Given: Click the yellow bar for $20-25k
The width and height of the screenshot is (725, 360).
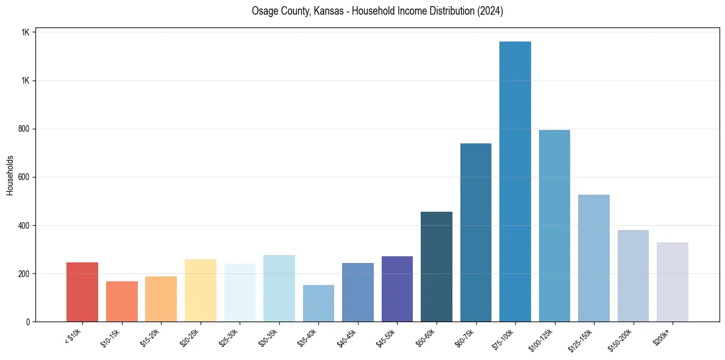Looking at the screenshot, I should tap(201, 290).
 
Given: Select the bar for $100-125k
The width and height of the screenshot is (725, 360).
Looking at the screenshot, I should tap(554, 226).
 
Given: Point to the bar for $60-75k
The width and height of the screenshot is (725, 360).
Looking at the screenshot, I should tap(476, 232).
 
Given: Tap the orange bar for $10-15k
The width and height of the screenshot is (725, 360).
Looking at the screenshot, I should tap(122, 301).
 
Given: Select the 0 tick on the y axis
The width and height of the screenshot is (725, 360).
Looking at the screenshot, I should tap(28, 322).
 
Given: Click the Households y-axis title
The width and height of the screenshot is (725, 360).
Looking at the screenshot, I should tap(10, 175).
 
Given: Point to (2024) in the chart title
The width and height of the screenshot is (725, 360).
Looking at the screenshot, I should tap(490, 11).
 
